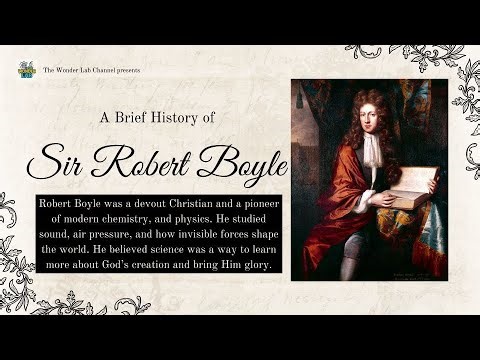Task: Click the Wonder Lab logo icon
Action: coord(27,70)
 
